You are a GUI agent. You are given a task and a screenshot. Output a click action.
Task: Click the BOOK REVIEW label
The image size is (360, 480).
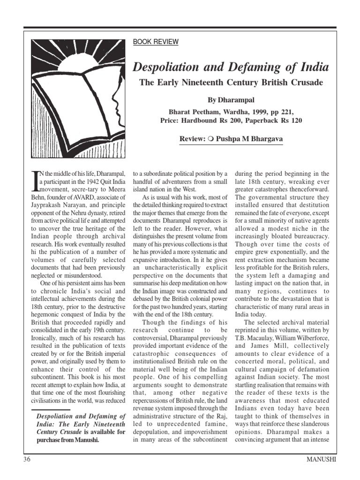pyautogui.click(x=156, y=42)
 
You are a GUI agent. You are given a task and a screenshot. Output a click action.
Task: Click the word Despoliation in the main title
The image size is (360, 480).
pyautogui.click(x=166, y=67)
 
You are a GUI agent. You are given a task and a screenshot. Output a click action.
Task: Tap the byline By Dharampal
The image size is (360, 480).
pyautogui.click(x=231, y=100)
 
